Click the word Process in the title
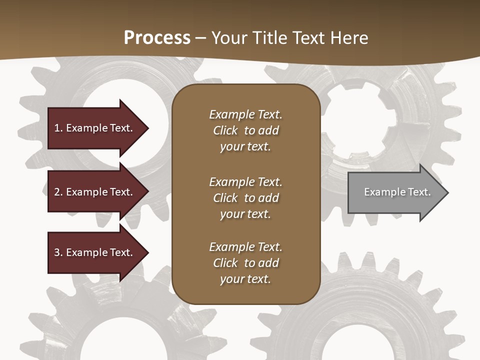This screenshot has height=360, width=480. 157,38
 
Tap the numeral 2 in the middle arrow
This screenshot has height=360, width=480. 57,192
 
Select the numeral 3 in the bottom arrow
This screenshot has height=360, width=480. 57,252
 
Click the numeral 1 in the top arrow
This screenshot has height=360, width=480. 57,128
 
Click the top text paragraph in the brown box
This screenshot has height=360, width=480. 245,130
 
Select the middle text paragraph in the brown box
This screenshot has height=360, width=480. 245,198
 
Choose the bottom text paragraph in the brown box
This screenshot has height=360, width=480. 245,263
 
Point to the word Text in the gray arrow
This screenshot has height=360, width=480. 419,192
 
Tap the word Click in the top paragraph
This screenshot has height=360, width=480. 225,130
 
